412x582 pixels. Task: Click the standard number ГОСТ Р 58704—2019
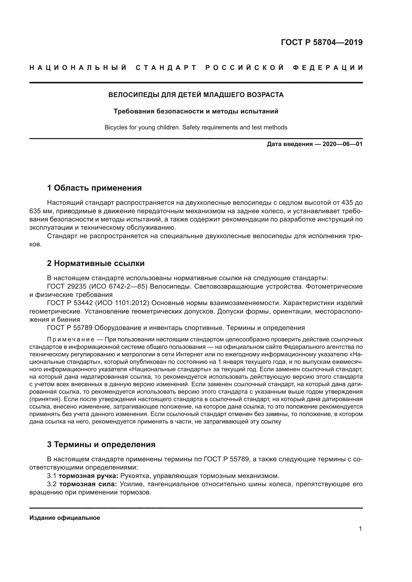tap(322, 42)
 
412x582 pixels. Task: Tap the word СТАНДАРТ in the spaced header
tap(166, 68)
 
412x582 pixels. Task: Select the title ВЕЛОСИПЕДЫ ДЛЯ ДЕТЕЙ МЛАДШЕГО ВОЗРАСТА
tap(196, 95)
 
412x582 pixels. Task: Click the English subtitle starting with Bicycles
tap(196, 127)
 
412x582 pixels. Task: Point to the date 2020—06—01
tap(343, 144)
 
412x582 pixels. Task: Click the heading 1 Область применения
tap(94, 188)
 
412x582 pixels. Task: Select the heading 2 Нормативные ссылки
tap(96, 263)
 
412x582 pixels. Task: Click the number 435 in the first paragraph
tap(347, 203)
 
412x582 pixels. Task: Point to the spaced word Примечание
tap(71, 339)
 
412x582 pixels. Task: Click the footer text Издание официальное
tap(65, 518)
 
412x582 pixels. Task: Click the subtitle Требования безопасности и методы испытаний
tap(196, 111)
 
